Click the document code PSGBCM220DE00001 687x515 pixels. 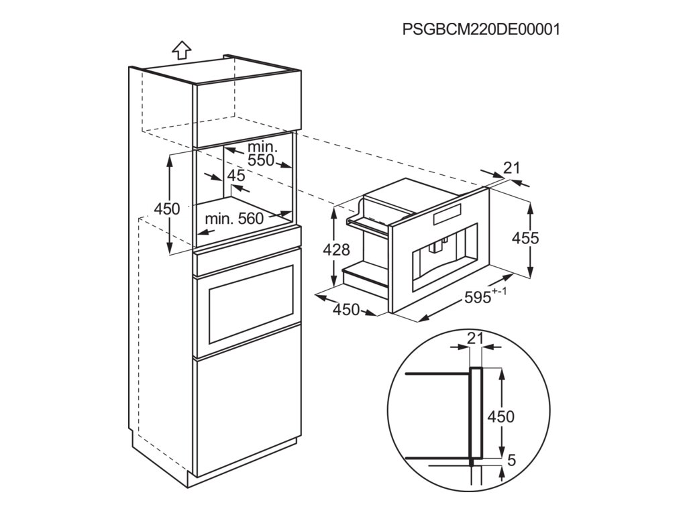480,30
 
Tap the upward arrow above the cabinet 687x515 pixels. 181,50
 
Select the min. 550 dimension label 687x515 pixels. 261,154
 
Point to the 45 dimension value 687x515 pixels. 236,176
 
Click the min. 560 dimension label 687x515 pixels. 235,219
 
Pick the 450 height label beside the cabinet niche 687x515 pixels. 167,209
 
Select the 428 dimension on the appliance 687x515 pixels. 337,250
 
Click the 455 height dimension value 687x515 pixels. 525,237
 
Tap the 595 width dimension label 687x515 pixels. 480,297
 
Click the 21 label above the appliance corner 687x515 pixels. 512,168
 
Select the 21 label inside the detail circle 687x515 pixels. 475,339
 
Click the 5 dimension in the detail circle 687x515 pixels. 512,461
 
